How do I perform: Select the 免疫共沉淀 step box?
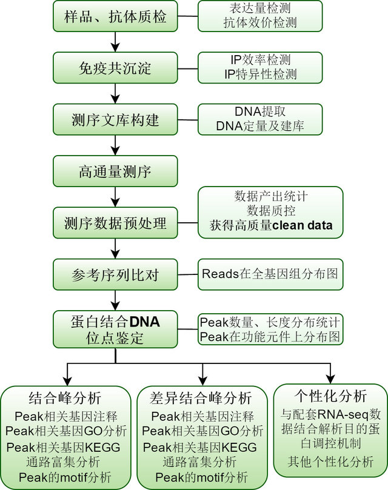pyautogui.click(x=115, y=68)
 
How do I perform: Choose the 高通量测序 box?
pyautogui.click(x=115, y=171)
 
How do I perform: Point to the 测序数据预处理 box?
pyautogui.click(x=115, y=223)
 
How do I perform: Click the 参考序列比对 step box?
pyautogui.click(x=115, y=275)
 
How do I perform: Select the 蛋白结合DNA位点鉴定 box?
pyautogui.click(x=115, y=328)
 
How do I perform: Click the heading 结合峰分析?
pyautogui.click(x=65, y=398)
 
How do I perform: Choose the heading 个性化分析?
pyautogui.click(x=330, y=397)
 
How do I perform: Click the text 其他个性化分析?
pyautogui.click(x=330, y=462)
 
